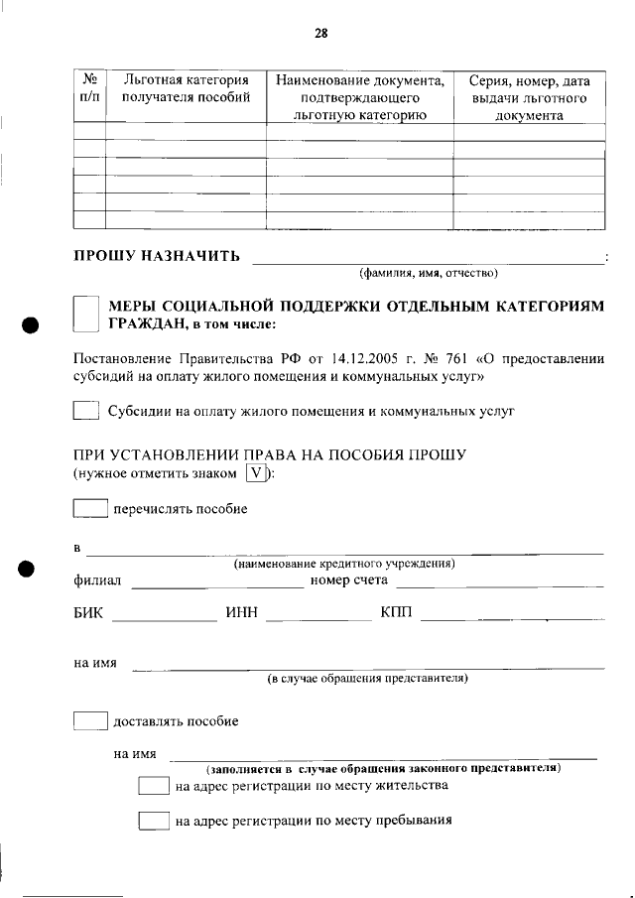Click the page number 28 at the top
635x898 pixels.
(320, 33)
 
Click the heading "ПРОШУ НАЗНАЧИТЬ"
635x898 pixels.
(157, 257)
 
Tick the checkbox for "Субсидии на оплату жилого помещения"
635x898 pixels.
(86, 410)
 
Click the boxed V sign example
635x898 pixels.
(256, 473)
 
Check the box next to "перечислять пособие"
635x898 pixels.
(90, 509)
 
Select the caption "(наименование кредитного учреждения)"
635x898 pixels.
(344, 564)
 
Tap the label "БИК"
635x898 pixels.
(88, 614)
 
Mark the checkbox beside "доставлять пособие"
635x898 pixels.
(90, 721)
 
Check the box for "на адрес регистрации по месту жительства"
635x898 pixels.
(154, 787)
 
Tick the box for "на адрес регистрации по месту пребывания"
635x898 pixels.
(154, 822)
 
